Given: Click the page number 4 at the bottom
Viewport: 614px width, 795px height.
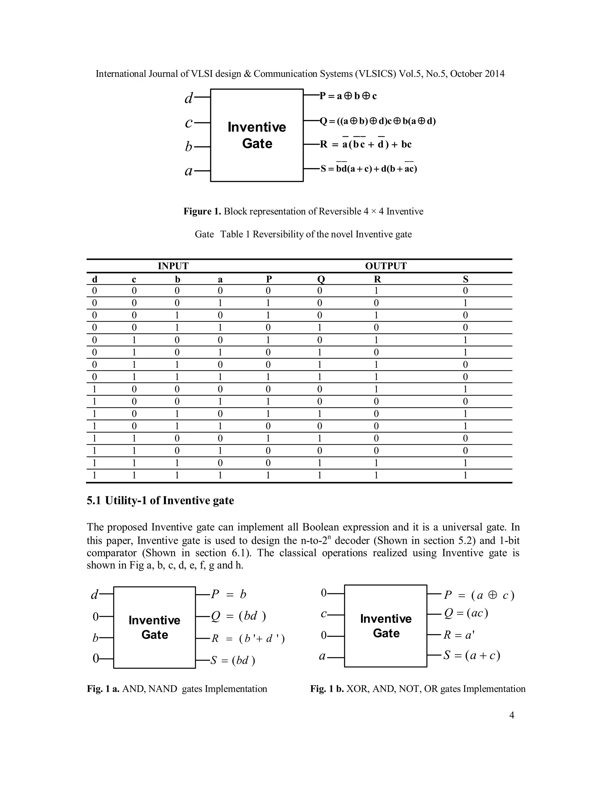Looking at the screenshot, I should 511,715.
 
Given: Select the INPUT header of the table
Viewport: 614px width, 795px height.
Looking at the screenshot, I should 173,266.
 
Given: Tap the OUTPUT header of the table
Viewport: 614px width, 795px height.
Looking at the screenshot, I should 386,266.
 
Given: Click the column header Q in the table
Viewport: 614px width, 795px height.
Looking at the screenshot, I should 320,279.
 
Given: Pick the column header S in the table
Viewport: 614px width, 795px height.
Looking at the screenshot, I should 465,279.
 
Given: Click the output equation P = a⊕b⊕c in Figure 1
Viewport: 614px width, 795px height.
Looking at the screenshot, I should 348,96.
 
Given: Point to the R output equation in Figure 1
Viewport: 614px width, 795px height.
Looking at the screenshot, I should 365,145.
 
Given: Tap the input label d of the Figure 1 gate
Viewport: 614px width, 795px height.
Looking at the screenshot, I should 188,98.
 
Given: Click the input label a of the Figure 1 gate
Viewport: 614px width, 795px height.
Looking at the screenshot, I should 188,171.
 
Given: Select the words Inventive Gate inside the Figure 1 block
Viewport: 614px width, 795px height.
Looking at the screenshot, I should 257,135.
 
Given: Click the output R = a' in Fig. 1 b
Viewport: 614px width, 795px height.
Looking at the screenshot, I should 459,635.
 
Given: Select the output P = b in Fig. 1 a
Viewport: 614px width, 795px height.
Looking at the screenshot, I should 229,594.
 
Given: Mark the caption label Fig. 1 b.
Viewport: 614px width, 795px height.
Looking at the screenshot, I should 327,689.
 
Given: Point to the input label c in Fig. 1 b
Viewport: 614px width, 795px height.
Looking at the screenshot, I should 323,614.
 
